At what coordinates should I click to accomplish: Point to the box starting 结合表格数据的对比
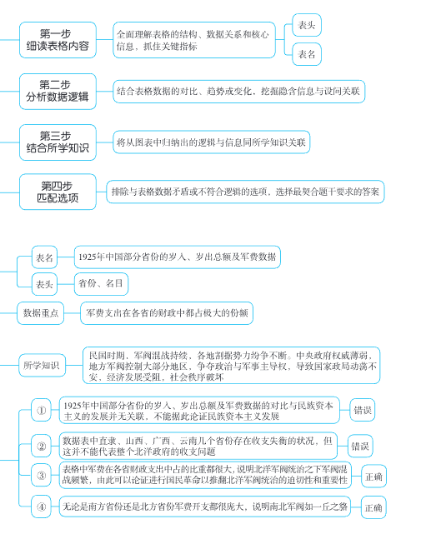[x=238, y=90]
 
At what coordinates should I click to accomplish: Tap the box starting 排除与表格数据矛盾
[x=245, y=192]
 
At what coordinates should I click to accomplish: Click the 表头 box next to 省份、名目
[x=45, y=284]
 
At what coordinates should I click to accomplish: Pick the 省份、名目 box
[x=102, y=283]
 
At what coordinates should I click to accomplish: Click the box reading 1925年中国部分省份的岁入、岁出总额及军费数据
[x=177, y=257]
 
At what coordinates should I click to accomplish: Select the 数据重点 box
[x=42, y=312]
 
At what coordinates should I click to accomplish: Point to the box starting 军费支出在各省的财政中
[x=167, y=312]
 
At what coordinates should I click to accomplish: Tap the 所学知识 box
[x=42, y=364]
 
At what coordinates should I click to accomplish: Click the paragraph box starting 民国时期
[x=233, y=364]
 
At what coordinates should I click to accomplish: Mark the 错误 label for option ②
[x=359, y=446]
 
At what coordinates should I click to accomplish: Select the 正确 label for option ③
[x=374, y=476]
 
